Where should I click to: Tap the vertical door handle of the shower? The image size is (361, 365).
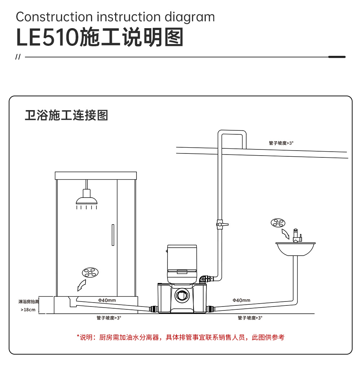coord(113,235)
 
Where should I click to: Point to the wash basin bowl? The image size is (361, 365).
coord(296,249)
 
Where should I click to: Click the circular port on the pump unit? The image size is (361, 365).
coord(182,295)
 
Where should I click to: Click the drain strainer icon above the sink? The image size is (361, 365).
coord(278,223)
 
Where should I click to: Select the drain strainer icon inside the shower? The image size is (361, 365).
coord(90,273)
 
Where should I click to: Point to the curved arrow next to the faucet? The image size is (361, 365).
coord(286,234)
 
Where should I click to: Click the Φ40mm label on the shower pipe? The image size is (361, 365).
coord(107,300)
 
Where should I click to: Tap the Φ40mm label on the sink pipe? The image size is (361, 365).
coord(242,300)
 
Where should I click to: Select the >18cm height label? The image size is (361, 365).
coord(28,310)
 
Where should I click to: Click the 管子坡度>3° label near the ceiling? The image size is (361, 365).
coord(281,143)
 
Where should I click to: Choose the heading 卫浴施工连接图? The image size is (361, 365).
coord(66,115)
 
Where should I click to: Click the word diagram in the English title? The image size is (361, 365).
coord(190,18)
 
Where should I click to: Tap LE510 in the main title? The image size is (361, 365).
coord(48,38)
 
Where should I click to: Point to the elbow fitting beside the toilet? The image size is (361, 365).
coord(204,279)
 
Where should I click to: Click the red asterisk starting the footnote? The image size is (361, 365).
coord(78,336)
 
